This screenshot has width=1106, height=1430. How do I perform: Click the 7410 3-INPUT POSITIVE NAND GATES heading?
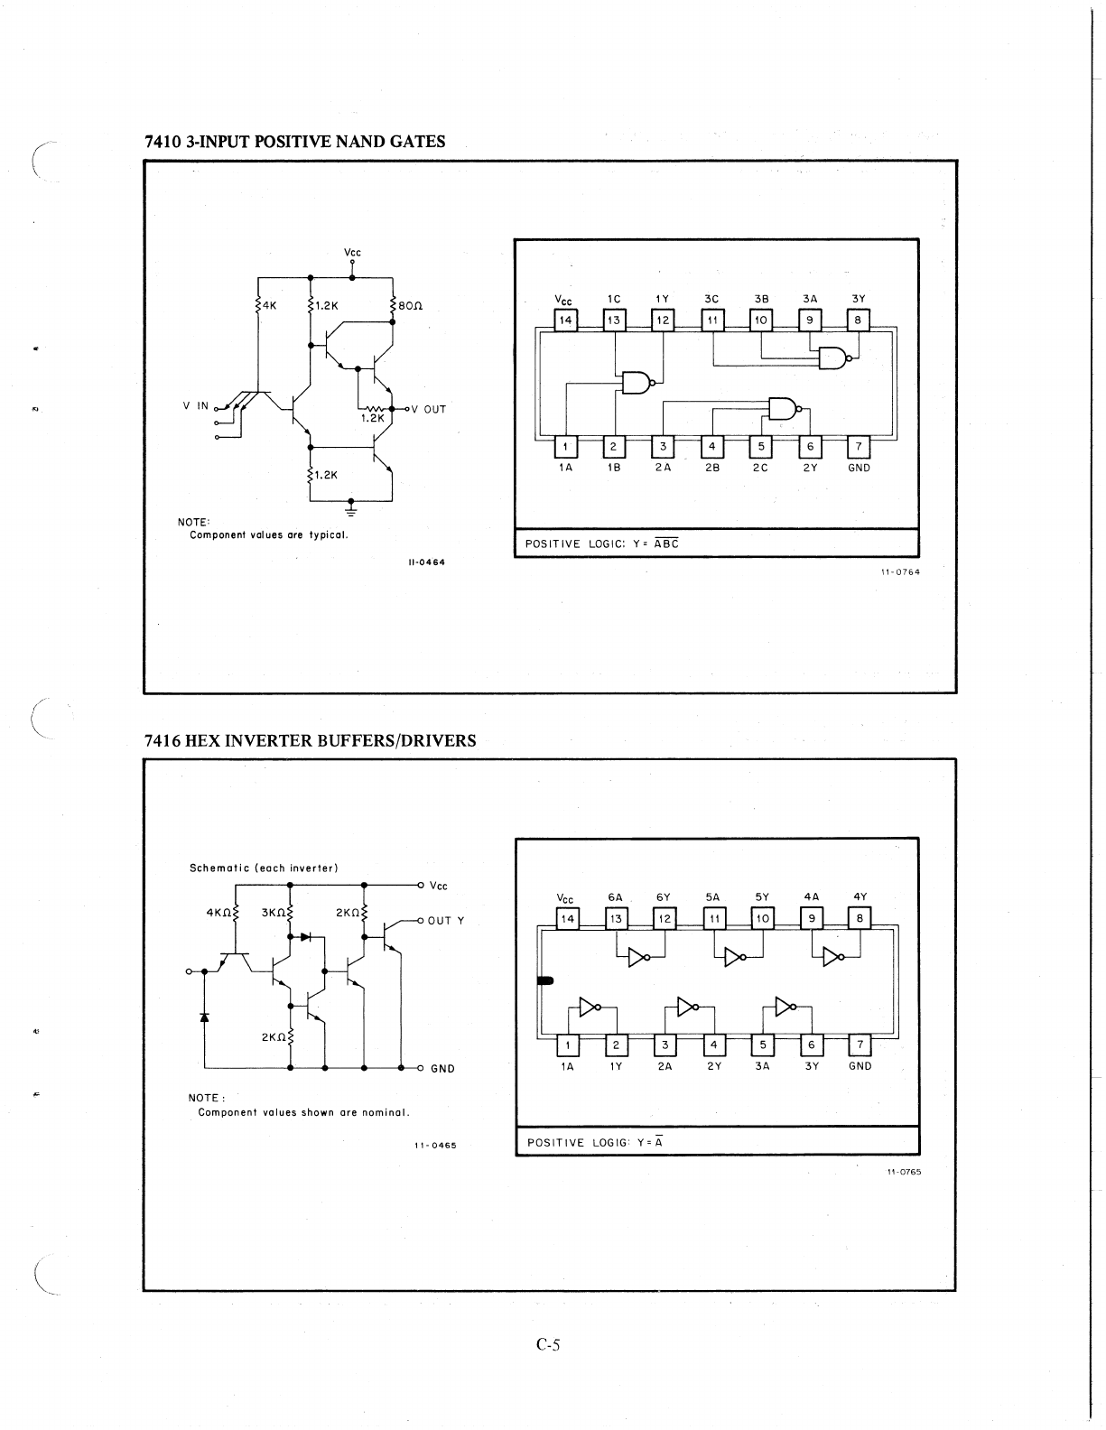[x=294, y=142]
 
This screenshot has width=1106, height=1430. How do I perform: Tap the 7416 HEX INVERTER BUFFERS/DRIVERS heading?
[x=310, y=741]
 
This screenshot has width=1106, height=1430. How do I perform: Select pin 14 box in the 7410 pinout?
[x=565, y=320]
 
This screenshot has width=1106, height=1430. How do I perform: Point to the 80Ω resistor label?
[x=411, y=306]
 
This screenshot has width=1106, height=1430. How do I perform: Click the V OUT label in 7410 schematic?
[x=429, y=409]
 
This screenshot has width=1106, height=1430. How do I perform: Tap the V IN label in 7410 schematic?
[x=196, y=405]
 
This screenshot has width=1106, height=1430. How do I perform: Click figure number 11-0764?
[x=900, y=571]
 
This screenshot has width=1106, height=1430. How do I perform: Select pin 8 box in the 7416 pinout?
[x=860, y=919]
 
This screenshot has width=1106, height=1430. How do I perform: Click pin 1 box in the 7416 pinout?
[x=567, y=1045]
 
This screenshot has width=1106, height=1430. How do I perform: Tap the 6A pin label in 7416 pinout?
[x=615, y=897]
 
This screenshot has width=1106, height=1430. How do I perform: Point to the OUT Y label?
[x=446, y=921]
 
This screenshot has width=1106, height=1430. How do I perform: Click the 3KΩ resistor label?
[x=274, y=913]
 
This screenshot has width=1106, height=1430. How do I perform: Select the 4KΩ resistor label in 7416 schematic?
[x=219, y=913]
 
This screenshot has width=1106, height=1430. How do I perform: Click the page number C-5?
[x=548, y=1345]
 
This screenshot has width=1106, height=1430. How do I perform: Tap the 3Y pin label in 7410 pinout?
[x=858, y=298]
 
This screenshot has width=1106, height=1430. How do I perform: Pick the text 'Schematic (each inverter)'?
[x=264, y=868]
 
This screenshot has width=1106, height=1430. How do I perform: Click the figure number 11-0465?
[x=435, y=1146]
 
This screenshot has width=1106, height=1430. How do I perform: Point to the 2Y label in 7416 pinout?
[x=713, y=1066]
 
